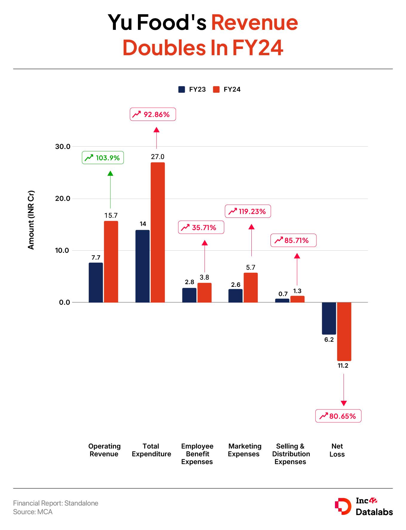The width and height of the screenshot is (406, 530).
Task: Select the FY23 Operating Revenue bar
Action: point(96,282)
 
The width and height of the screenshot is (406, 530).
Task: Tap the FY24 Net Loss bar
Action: point(344,331)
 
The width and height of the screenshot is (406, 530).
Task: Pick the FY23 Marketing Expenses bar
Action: point(236,295)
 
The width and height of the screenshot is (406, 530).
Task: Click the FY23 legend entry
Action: point(192,90)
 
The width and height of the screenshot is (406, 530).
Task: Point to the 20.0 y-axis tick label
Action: point(62,198)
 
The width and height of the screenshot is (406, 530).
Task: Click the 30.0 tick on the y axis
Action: point(62,147)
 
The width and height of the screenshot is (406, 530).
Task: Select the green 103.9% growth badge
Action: point(103,158)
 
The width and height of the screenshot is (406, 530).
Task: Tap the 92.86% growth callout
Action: point(153,115)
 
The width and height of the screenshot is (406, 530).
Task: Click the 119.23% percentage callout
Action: point(248,212)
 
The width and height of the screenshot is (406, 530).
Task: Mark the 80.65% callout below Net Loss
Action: point(338,416)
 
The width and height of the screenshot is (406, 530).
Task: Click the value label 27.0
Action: point(158,157)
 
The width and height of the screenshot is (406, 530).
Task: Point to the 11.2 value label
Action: point(343,366)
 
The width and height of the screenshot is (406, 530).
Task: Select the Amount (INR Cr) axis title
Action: point(31,220)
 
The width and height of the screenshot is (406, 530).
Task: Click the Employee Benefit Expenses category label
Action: point(197,454)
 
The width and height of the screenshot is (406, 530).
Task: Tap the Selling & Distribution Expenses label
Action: point(291,454)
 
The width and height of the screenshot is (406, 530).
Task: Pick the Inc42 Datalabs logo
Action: point(364,507)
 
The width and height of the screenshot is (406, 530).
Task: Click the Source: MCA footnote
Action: point(33,512)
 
